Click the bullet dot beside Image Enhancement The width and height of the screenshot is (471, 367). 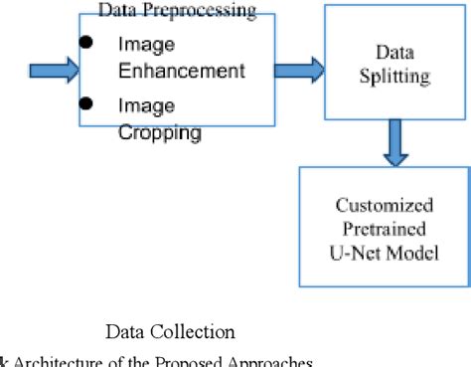88,43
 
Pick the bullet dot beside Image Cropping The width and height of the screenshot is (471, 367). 88,102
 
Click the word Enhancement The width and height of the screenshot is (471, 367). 181,72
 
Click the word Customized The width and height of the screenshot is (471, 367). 384,206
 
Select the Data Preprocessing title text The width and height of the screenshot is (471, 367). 177,12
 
